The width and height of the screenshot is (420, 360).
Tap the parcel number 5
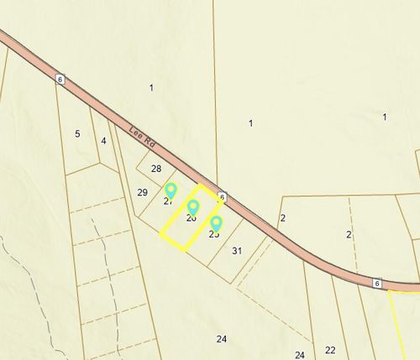click(x=77, y=133)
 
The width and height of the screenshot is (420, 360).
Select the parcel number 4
click(x=103, y=140)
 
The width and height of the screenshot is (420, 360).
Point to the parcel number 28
click(x=156, y=169)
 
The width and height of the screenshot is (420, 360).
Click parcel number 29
click(x=142, y=192)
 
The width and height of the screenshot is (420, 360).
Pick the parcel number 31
click(x=237, y=251)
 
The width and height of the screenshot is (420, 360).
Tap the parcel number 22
click(x=330, y=350)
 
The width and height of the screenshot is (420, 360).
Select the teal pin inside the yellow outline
click(x=192, y=207)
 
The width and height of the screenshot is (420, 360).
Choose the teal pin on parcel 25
click(x=216, y=223)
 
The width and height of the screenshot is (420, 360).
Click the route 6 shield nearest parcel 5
click(x=60, y=78)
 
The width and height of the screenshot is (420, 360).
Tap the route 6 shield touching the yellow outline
click(x=222, y=196)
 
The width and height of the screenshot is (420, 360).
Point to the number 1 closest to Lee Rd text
click(x=151, y=87)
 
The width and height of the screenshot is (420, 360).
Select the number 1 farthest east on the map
click(x=384, y=117)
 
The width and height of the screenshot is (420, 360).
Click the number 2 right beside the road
click(x=283, y=218)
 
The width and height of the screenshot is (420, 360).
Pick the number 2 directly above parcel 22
click(x=349, y=234)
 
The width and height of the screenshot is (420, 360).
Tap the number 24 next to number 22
click(x=300, y=355)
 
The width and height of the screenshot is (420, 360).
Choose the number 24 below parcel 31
click(x=221, y=339)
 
